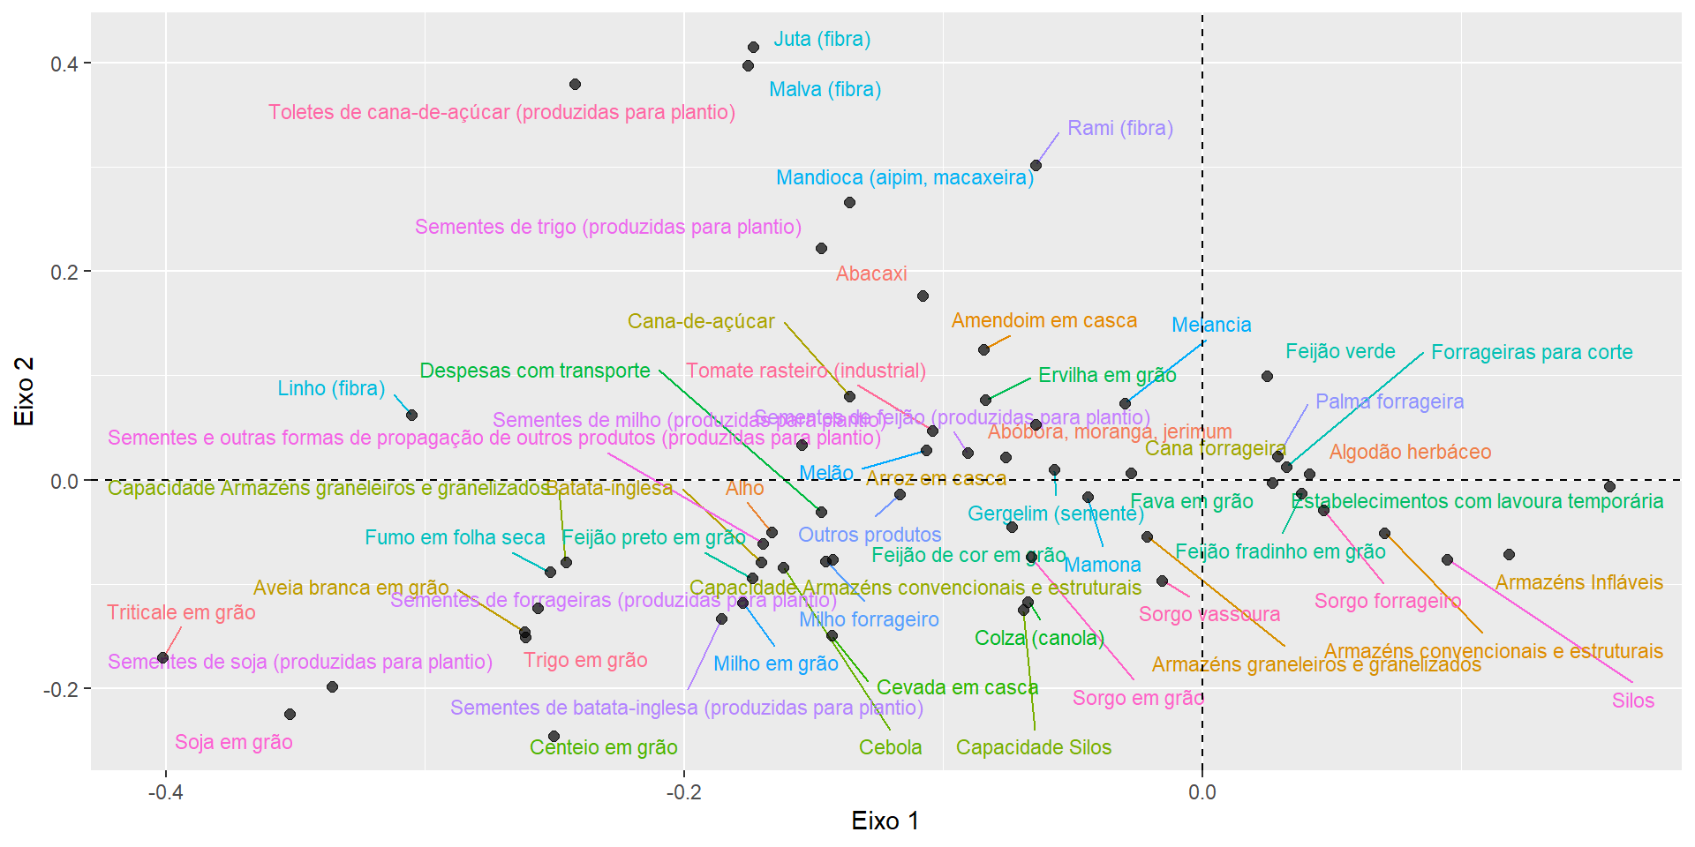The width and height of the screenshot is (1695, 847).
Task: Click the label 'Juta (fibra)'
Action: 822,40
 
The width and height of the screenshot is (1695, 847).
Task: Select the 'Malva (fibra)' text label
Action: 825,89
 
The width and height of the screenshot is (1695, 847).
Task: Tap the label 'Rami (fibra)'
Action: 1119,129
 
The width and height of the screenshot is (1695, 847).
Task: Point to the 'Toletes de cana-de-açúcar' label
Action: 501,113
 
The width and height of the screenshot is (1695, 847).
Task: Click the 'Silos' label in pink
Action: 1632,701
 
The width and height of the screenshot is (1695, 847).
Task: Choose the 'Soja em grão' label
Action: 233,742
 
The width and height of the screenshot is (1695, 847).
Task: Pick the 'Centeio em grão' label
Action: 603,747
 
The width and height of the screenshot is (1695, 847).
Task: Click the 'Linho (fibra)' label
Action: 331,388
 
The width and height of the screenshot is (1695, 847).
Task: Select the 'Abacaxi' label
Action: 871,274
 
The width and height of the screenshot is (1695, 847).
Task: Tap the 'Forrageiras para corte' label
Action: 1532,352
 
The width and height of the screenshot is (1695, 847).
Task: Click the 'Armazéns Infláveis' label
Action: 1578,582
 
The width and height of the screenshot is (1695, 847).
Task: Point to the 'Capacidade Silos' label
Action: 1033,747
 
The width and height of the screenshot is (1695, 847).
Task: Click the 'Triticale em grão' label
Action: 181,612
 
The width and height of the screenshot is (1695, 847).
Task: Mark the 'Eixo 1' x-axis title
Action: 885,821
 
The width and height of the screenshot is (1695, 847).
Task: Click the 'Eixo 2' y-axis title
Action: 25,391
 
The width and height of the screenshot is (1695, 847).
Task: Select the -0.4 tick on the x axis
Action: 165,791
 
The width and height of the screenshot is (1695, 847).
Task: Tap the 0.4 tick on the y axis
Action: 64,64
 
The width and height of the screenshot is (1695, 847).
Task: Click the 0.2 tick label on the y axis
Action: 64,272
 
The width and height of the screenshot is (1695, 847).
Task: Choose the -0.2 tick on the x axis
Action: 683,791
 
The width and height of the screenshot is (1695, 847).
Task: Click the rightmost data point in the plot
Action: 1609,487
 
